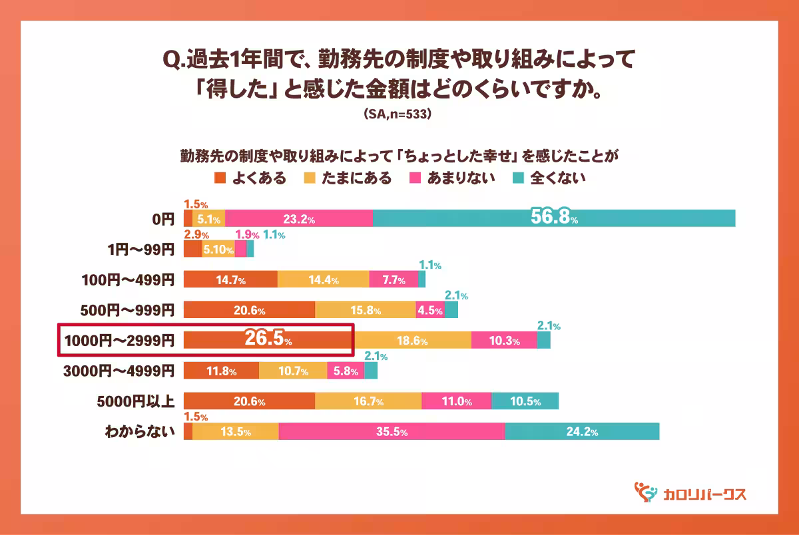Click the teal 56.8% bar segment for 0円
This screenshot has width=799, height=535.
coord(553,218)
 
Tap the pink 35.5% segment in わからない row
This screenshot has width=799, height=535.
coord(392,431)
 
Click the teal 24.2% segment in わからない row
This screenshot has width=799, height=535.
coord(582,431)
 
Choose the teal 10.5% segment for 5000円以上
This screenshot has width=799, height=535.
coord(525,401)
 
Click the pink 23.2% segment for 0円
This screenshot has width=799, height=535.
coord(299,218)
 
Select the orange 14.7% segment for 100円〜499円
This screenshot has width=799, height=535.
coord(230,279)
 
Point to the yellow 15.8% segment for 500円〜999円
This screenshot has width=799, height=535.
coord(366,310)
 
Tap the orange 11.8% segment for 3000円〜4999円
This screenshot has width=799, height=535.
coord(221,371)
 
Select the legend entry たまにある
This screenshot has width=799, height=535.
coord(348,178)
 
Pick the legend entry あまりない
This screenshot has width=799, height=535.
coord(452,178)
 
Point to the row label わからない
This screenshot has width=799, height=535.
coord(140,431)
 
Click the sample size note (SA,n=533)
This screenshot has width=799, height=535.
coord(399,114)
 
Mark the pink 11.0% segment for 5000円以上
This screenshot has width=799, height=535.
coord(457,401)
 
